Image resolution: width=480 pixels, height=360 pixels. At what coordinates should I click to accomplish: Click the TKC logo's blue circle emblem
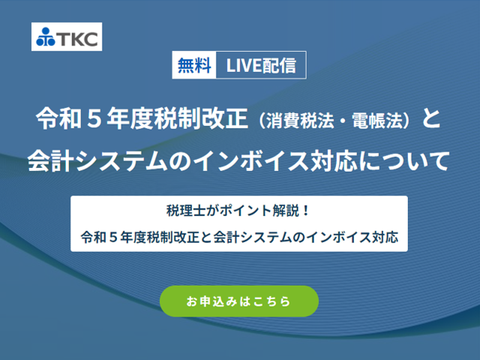[x=46, y=37]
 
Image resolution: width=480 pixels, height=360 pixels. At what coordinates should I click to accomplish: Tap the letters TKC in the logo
[x=77, y=38]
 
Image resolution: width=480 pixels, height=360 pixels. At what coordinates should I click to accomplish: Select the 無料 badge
[x=194, y=65]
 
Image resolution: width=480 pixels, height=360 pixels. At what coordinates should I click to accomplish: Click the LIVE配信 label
[x=261, y=65]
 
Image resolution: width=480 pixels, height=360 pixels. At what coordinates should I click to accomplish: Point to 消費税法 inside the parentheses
[x=300, y=121]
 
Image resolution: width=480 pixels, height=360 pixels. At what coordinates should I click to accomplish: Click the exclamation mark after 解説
[x=305, y=211]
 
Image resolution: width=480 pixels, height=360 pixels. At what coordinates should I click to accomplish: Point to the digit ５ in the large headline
[x=94, y=118]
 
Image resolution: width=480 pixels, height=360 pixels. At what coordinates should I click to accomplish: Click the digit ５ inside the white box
[x=113, y=237]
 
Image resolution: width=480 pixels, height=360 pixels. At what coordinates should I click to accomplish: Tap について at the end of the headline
[x=403, y=160]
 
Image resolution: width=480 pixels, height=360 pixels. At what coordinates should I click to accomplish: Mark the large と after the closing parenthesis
[x=431, y=118]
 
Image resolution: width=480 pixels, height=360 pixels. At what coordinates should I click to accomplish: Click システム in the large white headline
[x=121, y=160]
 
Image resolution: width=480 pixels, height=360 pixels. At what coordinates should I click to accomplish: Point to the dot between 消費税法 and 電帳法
[x=343, y=121]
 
